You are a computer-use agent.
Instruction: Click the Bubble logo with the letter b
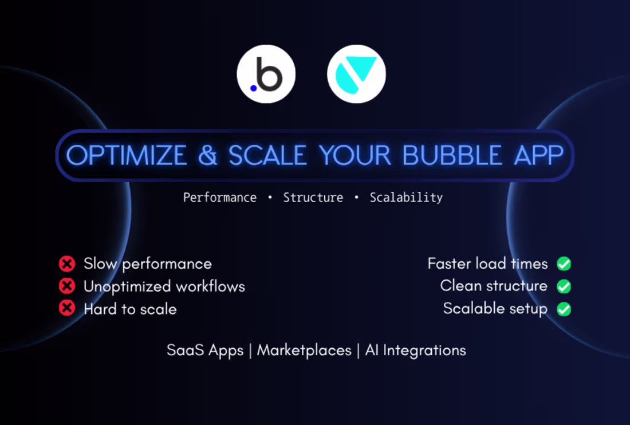pyautogui.click(x=266, y=74)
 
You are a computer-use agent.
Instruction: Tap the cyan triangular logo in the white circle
pyautogui.click(x=356, y=74)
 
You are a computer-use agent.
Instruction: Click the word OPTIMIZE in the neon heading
pyautogui.click(x=127, y=155)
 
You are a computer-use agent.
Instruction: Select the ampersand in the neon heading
pyautogui.click(x=208, y=155)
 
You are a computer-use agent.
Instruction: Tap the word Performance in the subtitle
pyautogui.click(x=219, y=198)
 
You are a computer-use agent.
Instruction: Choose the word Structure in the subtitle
pyautogui.click(x=313, y=198)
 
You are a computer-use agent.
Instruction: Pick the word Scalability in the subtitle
pyautogui.click(x=406, y=198)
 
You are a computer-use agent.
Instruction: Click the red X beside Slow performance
pyautogui.click(x=67, y=263)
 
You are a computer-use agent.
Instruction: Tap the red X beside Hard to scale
pyautogui.click(x=67, y=308)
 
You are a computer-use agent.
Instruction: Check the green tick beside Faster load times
pyautogui.click(x=564, y=263)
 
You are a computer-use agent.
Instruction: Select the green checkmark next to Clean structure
pyautogui.click(x=564, y=286)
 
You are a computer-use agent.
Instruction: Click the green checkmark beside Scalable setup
pyautogui.click(x=564, y=309)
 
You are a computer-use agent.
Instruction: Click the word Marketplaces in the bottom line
pyautogui.click(x=304, y=350)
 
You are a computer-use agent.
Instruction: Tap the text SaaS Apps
pyautogui.click(x=205, y=350)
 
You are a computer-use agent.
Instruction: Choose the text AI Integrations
pyautogui.click(x=415, y=350)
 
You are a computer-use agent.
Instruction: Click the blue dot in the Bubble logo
pyautogui.click(x=254, y=88)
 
